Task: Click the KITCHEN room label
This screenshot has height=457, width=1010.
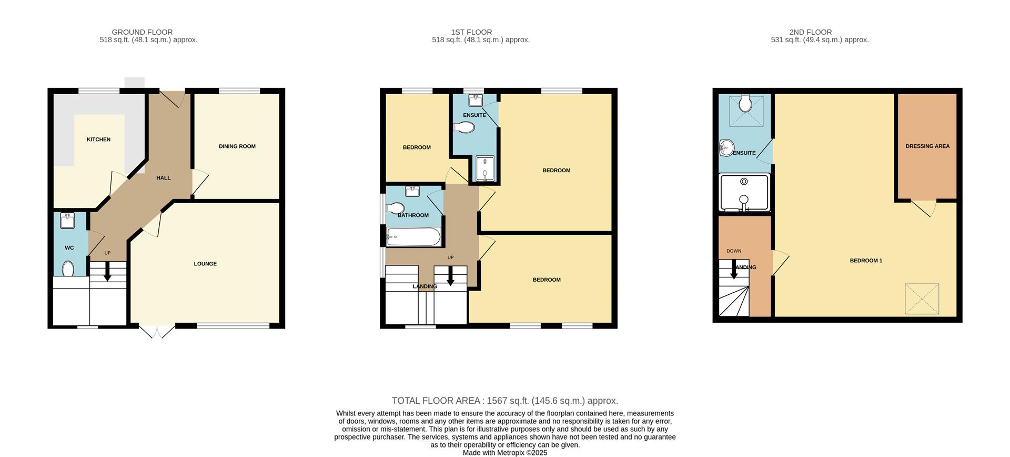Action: (x=98, y=140)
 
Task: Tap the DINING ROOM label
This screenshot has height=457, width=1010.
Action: (x=237, y=146)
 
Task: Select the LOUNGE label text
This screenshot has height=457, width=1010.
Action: (x=205, y=264)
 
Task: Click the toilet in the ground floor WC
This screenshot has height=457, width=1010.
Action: (x=68, y=269)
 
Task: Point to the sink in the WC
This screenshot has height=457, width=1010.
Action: (x=67, y=221)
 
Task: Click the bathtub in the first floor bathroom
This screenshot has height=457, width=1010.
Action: (x=413, y=237)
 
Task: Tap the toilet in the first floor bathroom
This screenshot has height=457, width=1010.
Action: (x=395, y=208)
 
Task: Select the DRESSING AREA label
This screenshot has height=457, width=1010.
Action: (x=927, y=146)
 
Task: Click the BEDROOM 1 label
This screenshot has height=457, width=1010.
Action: (x=866, y=261)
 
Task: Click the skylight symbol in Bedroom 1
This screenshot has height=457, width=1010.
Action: (x=922, y=299)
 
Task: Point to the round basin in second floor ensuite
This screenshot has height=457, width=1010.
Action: (x=726, y=148)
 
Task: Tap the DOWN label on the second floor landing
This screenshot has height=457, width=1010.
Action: (x=733, y=251)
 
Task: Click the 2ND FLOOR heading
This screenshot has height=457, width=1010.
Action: (x=810, y=32)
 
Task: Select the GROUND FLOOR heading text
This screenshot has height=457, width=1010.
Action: (x=142, y=32)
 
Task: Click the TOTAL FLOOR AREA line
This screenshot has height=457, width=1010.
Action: (x=504, y=401)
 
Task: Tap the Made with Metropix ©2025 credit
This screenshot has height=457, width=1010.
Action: (x=504, y=453)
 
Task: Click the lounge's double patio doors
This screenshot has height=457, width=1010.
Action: (x=157, y=331)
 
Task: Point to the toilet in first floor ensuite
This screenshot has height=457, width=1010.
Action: (x=463, y=127)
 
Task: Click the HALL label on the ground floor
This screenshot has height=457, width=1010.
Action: (x=163, y=178)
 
